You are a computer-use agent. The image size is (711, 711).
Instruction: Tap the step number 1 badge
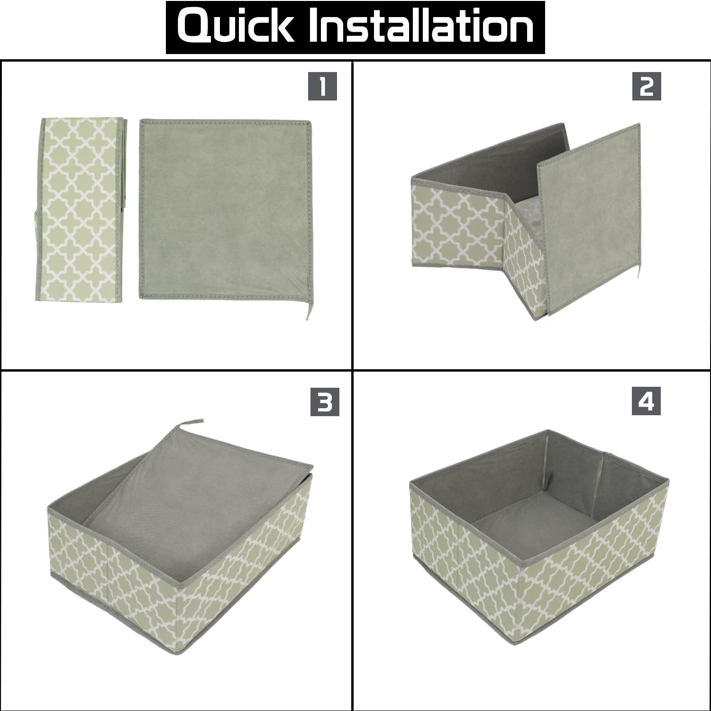tap(322, 86)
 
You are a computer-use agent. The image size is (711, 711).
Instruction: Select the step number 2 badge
tap(647, 86)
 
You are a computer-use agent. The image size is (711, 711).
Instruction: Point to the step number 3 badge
tap(325, 402)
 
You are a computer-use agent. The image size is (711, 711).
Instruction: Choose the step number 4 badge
tap(646, 402)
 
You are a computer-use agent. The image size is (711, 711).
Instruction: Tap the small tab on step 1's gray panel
tap(307, 310)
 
